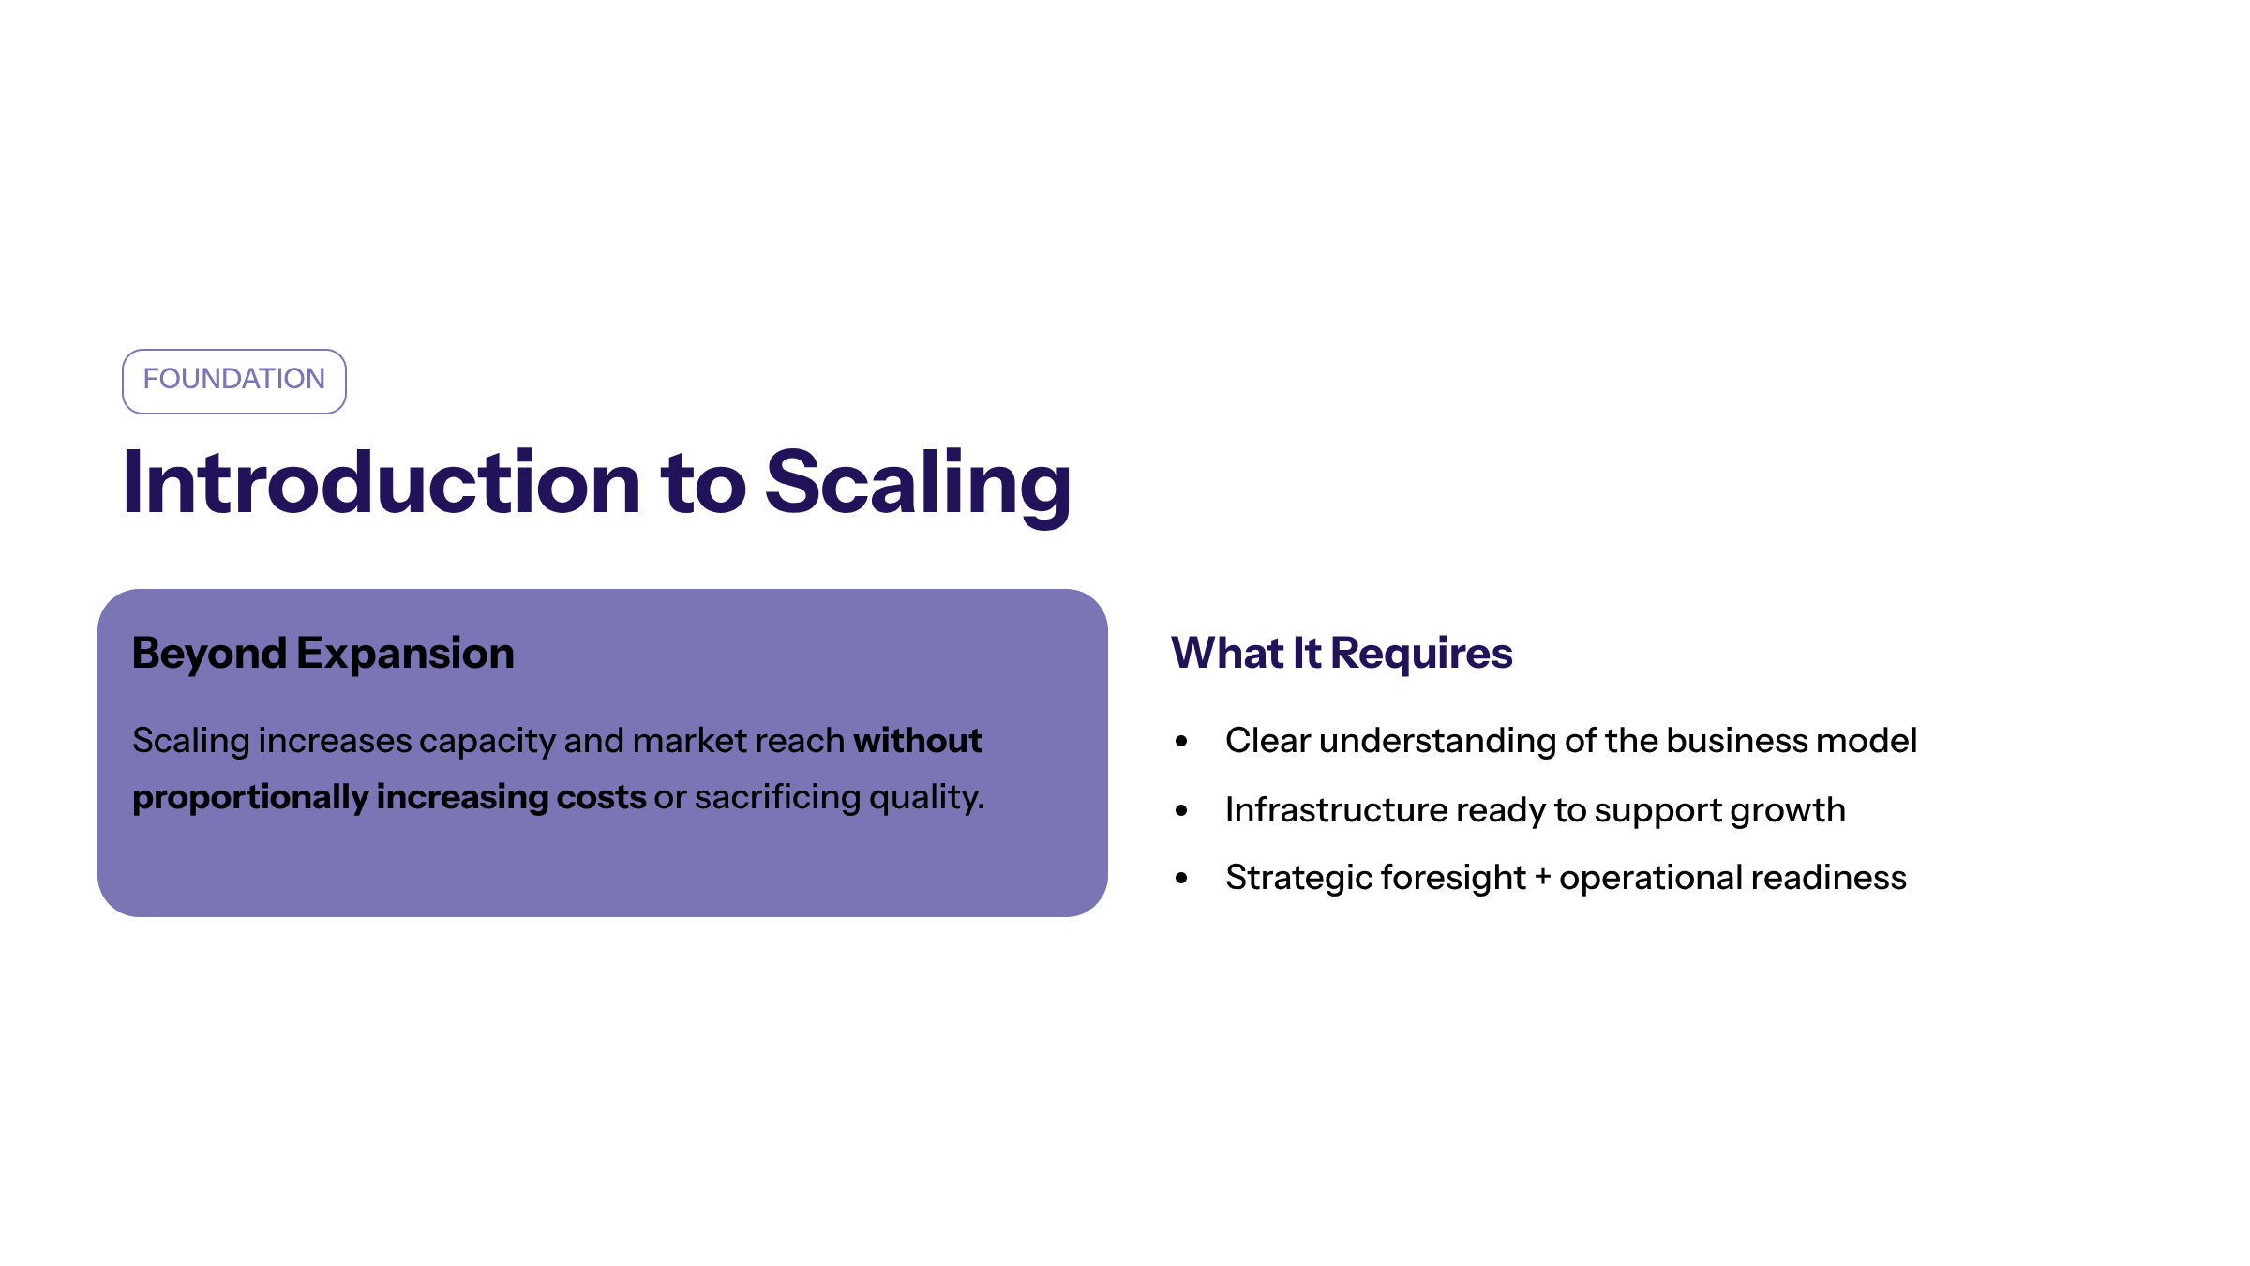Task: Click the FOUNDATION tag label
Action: coord(234,379)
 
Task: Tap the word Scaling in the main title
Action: coord(919,486)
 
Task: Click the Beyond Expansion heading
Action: coord(323,654)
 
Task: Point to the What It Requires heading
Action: coord(1342,653)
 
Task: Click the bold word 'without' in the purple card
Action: coord(918,740)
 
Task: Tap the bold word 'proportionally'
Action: coord(250,798)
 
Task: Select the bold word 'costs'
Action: coord(601,798)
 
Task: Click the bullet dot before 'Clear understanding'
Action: coord(1181,741)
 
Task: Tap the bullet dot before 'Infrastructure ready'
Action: coord(1181,810)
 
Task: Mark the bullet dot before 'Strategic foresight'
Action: coord(1181,878)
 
